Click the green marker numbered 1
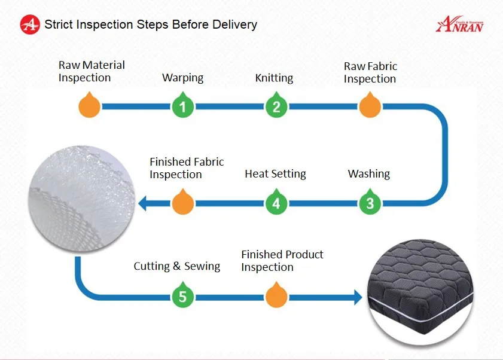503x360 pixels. pos(183,106)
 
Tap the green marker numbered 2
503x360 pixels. pos(276,106)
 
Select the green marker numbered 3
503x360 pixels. pos(370,203)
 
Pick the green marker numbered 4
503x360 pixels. pos(276,203)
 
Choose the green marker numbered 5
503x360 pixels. pos(183,296)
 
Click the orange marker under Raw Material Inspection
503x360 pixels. pos(89,106)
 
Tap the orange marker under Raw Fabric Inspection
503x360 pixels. pos(369,106)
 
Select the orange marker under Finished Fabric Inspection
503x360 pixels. pos(183,203)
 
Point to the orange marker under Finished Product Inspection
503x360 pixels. pos(276,296)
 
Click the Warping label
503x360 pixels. pos(182,78)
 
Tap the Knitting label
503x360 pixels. pos(274,78)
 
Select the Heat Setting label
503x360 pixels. pos(275,174)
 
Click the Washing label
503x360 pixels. pos(368,174)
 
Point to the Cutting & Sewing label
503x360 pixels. pos(176,266)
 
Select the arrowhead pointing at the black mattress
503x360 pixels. pos(358,297)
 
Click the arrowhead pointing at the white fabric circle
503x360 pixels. pos(143,203)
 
